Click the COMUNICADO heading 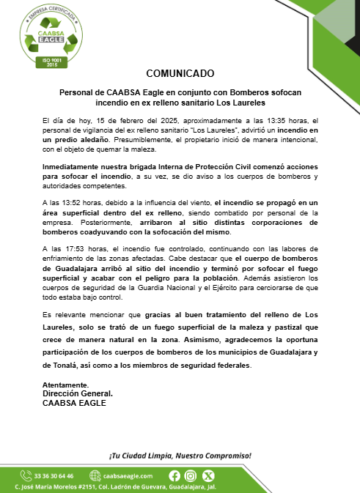(x=180, y=73)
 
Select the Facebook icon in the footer (x=175, y=475)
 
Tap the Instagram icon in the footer (x=190, y=475)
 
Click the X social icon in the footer (x=205, y=475)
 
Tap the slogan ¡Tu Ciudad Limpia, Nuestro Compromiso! (x=180, y=455)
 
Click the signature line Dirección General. (x=77, y=394)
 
